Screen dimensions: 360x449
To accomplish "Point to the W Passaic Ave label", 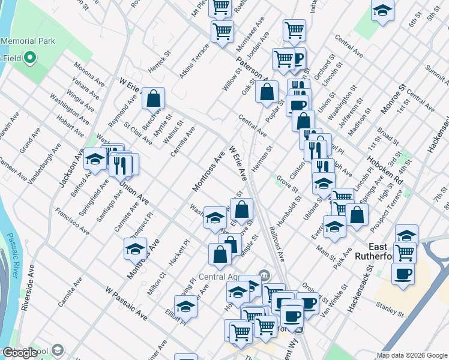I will [125, 303].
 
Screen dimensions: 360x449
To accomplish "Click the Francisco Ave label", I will [71, 217].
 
